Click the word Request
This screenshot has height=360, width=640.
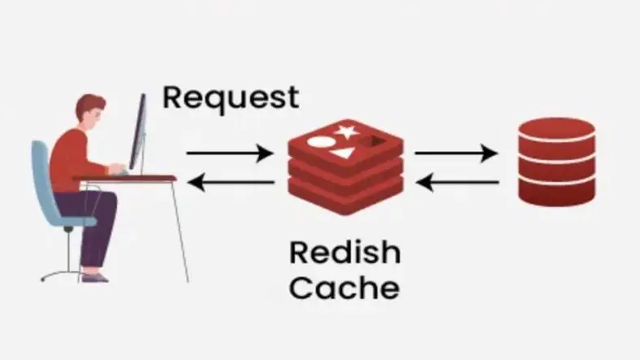pos(231,97)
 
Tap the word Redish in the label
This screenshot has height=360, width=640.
pos(344,254)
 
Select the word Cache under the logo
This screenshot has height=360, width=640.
pos(344,288)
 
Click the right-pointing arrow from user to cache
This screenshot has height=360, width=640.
pos(229,153)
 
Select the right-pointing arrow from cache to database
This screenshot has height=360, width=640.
pos(456,153)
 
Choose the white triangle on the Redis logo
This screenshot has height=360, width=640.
pos(345,152)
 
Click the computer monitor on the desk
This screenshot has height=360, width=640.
pos(139,134)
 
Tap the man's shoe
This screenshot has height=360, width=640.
pos(94,276)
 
